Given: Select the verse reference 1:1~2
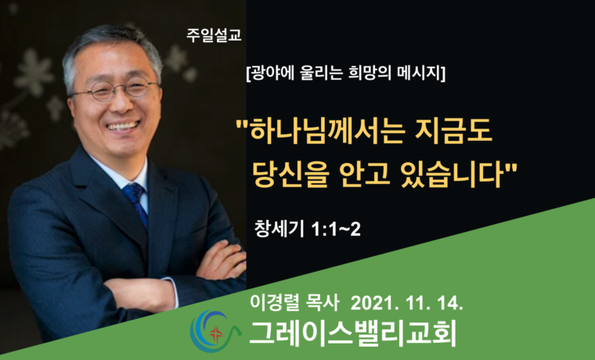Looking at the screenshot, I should point(335,229).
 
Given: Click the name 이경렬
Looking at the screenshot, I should point(269,301).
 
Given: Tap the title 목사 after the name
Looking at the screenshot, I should point(323,301).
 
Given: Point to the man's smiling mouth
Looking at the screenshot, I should point(128,124).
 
